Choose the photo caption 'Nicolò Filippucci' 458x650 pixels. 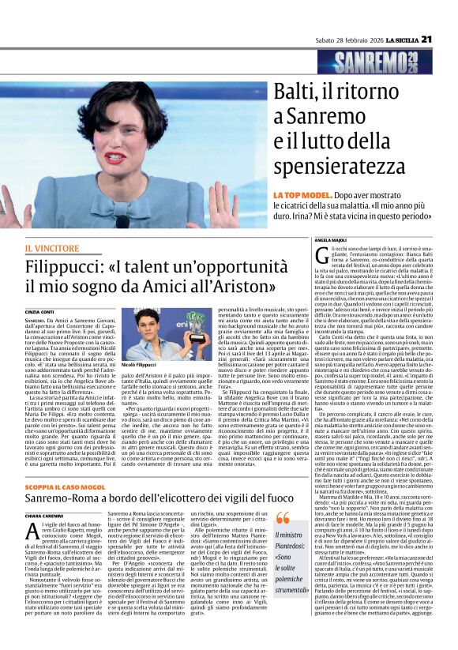(x=141, y=365)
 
